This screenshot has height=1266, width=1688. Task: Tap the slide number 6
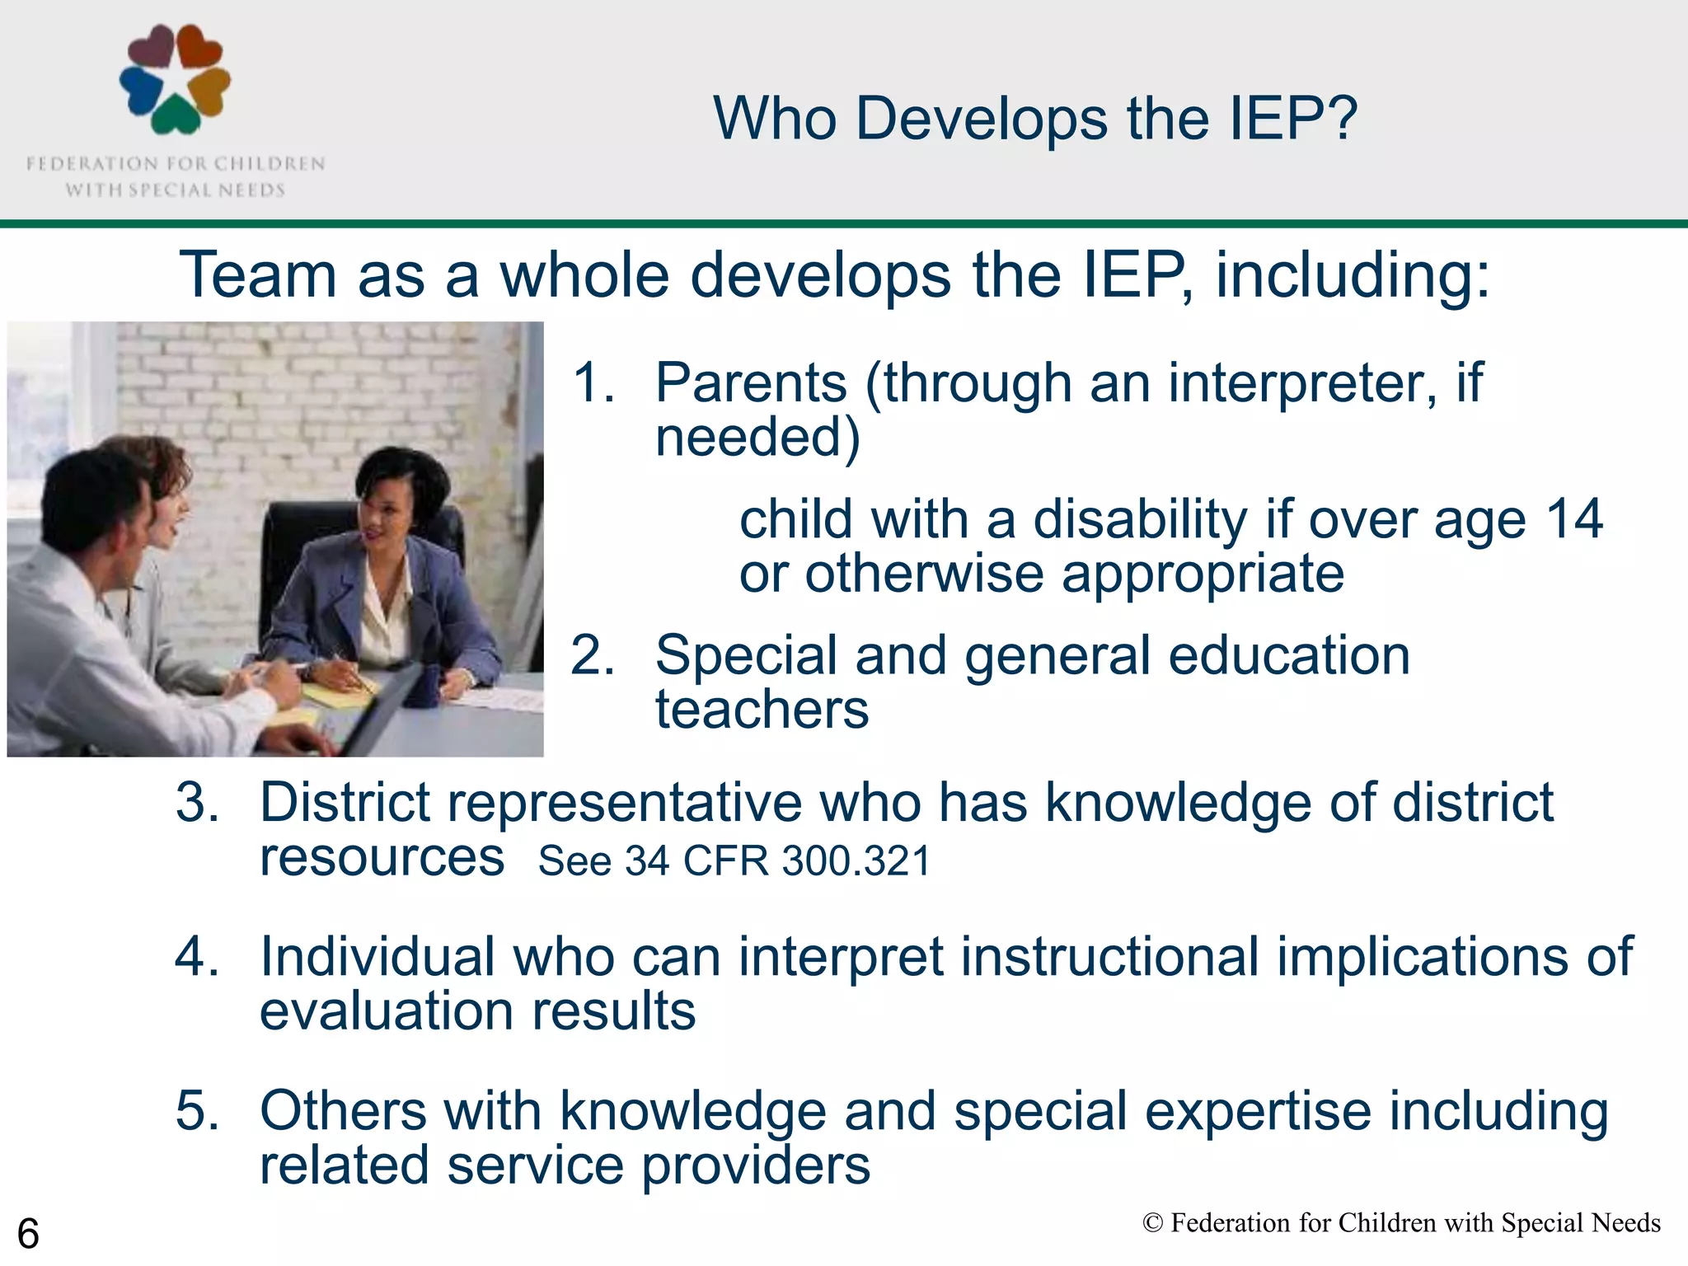click(x=28, y=1234)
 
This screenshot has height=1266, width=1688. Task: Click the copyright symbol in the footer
click(x=1152, y=1223)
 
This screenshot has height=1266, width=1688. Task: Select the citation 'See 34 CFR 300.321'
click(x=734, y=861)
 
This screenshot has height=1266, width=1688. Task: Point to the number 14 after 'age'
click(x=1573, y=519)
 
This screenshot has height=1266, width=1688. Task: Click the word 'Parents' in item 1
click(x=751, y=383)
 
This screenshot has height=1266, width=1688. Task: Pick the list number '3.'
click(x=198, y=802)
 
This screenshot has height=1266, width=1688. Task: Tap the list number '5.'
click(x=198, y=1110)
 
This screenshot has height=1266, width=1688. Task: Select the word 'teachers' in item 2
click(x=762, y=710)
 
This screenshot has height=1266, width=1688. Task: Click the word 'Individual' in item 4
click(x=377, y=956)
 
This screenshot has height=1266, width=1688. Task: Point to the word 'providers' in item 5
click(x=755, y=1165)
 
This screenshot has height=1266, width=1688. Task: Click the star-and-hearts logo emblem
click(x=175, y=79)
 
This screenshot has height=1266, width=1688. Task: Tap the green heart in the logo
click(x=176, y=115)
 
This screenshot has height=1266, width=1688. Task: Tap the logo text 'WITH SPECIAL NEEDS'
click(x=175, y=190)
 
